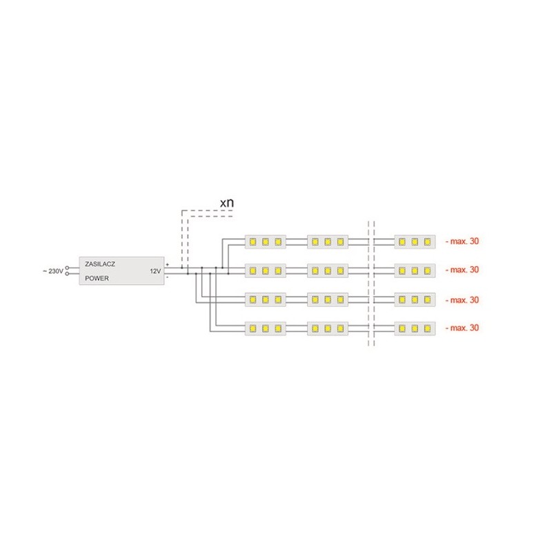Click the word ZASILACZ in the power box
(x=100, y=264)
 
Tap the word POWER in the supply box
(x=97, y=278)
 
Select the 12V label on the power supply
(x=155, y=271)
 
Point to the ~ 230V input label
(x=53, y=271)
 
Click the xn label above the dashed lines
(x=227, y=202)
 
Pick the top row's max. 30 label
(x=462, y=241)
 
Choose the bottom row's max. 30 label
(x=462, y=328)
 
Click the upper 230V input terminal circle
(x=67, y=268)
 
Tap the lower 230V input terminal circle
(x=67, y=273)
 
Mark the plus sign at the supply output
(x=167, y=264)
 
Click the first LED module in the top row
(x=266, y=242)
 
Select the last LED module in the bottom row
(x=415, y=328)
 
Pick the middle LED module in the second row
(x=328, y=270)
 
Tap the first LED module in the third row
(x=266, y=299)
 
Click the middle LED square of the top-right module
(x=415, y=242)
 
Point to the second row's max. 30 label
(x=462, y=270)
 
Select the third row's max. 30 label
(x=462, y=300)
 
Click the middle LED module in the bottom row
(x=328, y=328)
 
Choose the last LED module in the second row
(x=415, y=270)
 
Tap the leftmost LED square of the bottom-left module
(x=253, y=328)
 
